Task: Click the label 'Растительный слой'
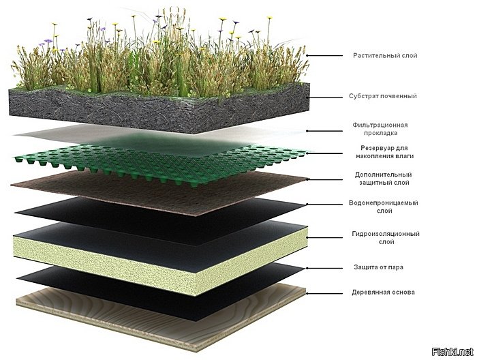[385, 56]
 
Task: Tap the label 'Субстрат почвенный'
[383, 96]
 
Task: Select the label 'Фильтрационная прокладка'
[380, 129]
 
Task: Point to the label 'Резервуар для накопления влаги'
[384, 152]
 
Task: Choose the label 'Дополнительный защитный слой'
[384, 179]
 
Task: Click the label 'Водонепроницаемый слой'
[384, 207]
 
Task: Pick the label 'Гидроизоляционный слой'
[386, 238]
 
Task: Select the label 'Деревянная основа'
[383, 292]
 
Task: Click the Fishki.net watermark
[452, 352]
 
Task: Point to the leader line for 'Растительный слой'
[324, 56]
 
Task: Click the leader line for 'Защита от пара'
[324, 268]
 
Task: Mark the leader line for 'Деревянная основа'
[324, 293]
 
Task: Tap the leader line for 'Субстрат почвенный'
[326, 97]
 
